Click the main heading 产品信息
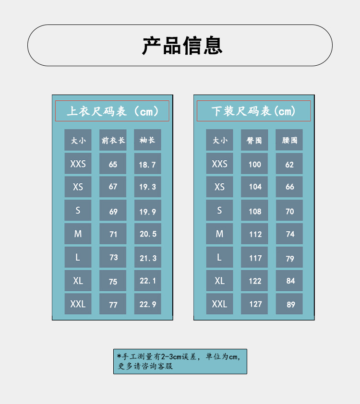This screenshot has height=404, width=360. click(182, 46)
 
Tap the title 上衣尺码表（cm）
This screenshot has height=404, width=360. click(112, 111)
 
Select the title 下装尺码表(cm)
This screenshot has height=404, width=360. click(253, 111)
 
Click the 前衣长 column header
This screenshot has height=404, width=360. click(113, 140)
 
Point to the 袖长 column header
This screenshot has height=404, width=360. click(147, 140)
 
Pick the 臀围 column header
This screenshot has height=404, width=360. click(254, 140)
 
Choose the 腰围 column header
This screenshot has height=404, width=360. click(289, 140)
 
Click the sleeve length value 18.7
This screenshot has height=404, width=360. click(147, 164)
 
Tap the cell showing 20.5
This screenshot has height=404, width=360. click(147, 234)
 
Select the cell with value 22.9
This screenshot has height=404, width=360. click(147, 304)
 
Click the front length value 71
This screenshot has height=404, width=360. click(113, 234)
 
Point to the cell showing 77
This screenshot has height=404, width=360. click(113, 304)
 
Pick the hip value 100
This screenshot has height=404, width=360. click(254, 164)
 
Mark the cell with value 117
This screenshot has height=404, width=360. click(254, 258)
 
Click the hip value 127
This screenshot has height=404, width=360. click(254, 304)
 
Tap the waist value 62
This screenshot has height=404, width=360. click(289, 164)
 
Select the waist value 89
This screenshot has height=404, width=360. click(289, 304)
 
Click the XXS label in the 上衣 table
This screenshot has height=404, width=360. click(78, 164)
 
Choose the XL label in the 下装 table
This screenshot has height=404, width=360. click(219, 281)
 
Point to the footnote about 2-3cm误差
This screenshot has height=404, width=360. click(180, 361)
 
